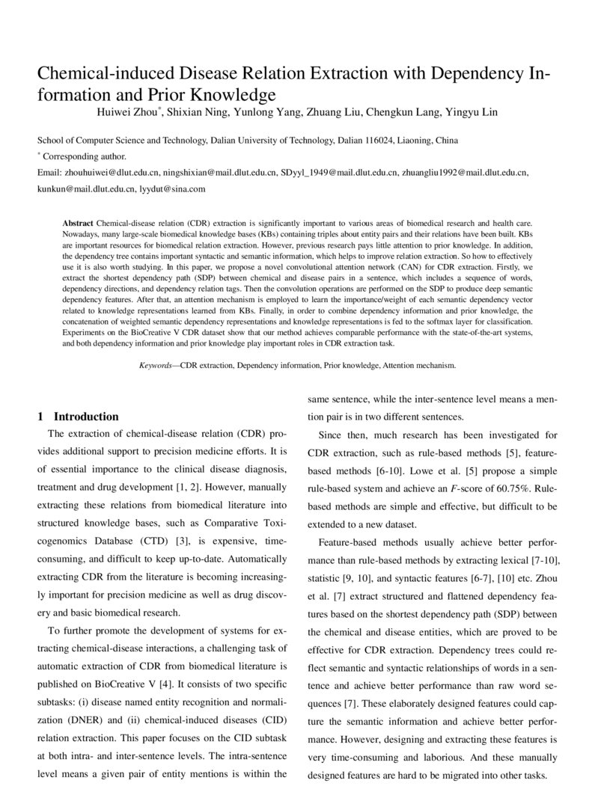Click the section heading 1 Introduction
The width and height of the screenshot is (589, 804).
(78, 417)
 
